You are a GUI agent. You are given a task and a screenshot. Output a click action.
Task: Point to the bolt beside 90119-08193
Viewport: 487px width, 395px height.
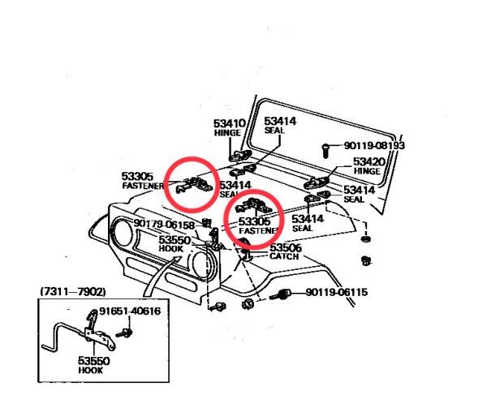coord(325,148)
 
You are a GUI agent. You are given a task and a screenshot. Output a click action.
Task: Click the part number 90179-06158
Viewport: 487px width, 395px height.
coord(164,224)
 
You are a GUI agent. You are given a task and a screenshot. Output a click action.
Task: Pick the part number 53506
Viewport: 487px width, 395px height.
coord(286,248)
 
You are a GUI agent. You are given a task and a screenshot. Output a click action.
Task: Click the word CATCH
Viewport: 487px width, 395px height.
coord(285,257)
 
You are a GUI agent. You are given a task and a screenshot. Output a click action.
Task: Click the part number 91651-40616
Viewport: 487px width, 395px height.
coord(130,311)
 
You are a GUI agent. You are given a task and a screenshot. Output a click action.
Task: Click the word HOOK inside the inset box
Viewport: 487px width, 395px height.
coord(90,369)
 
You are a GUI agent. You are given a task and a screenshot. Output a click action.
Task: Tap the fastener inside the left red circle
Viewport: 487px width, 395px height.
coord(192,186)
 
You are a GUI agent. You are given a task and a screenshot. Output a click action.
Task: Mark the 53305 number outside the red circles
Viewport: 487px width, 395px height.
coord(138,176)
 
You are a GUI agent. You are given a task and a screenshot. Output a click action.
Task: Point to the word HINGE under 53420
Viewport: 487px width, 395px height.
coord(368,171)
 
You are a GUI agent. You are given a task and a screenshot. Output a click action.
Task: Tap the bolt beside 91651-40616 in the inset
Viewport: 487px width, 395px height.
coord(127,332)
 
